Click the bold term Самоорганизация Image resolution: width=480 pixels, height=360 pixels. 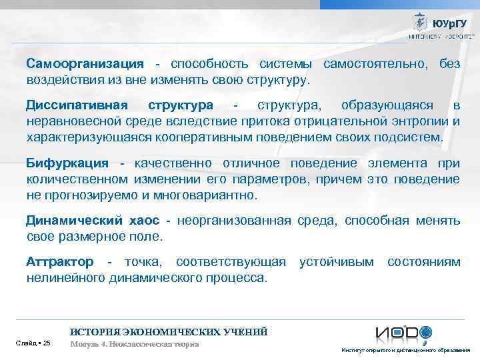click(x=85, y=64)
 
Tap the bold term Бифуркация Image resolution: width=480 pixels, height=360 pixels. click(x=67, y=164)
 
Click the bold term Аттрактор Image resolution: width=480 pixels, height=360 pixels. click(x=60, y=262)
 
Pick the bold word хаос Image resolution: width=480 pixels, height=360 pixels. click(x=149, y=221)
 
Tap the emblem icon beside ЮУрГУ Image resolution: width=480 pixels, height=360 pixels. click(x=420, y=22)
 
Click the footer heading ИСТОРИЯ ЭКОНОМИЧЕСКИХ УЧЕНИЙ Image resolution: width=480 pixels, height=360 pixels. click(x=169, y=331)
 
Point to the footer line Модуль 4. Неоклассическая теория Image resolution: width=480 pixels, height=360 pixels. click(x=135, y=344)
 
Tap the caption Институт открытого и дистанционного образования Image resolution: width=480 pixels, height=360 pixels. click(x=405, y=350)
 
